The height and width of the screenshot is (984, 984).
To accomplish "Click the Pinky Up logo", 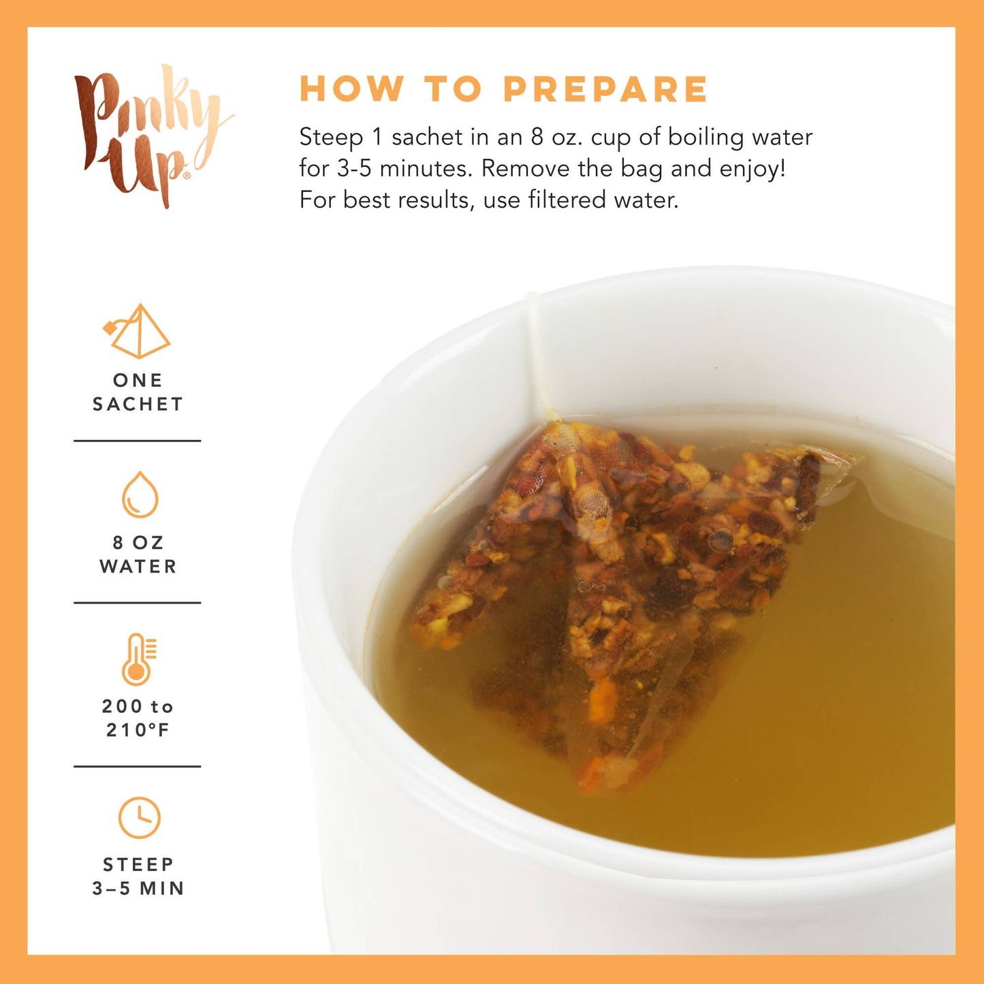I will click(150, 136).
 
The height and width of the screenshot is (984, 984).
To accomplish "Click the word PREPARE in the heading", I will click(605, 89).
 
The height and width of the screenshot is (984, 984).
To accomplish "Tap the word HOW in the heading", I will click(351, 89).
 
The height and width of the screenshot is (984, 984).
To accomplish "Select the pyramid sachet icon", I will click(138, 332).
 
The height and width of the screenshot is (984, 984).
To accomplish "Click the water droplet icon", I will click(140, 495).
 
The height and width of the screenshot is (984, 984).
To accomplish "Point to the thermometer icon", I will click(138, 658).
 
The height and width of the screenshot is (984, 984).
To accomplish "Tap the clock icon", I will click(139, 817).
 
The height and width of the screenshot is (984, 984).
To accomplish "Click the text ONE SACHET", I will click(138, 392).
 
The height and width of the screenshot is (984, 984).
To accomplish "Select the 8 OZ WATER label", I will click(138, 554).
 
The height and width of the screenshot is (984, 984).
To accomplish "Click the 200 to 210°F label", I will click(138, 718).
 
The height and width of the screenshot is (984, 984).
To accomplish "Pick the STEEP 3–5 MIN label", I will click(138, 876).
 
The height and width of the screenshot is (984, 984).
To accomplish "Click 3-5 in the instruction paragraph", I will click(355, 169).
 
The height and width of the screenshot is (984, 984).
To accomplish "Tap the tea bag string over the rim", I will click(538, 354).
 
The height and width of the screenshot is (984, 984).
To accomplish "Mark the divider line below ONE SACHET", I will click(138, 441).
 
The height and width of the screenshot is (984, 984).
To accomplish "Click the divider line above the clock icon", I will click(138, 766).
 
